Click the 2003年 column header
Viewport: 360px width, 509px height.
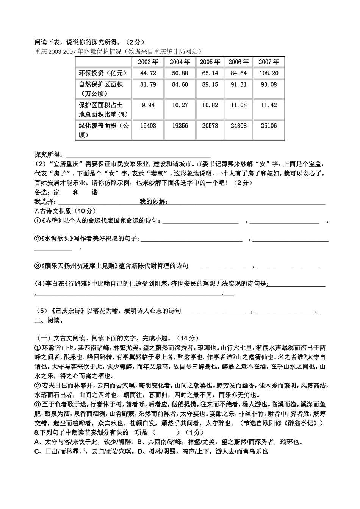pos(148,62)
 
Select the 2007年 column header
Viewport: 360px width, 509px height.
pos(269,62)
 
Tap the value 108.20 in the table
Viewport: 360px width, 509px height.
pos(269,73)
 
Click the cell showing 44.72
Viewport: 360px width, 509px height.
pos(148,73)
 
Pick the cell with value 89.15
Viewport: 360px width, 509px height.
pos(210,84)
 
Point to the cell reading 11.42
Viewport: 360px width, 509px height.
pos(269,105)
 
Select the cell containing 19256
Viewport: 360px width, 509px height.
pos(180,126)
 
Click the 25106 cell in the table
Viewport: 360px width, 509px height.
pos(269,126)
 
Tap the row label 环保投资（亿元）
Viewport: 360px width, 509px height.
pos(102,73)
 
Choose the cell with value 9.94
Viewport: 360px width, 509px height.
pos(148,105)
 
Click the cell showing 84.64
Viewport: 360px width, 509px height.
pos(238,73)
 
